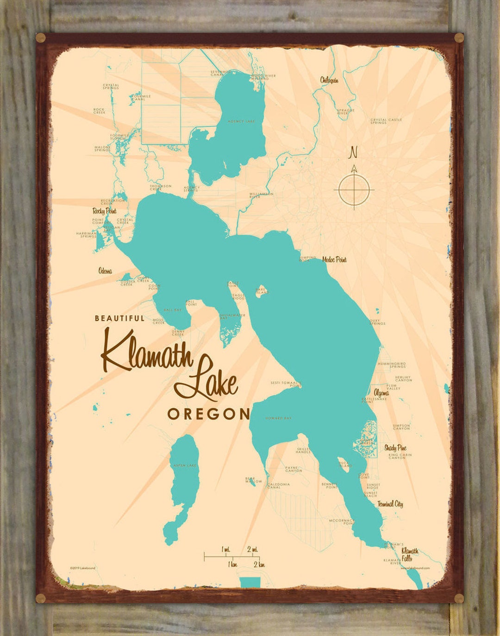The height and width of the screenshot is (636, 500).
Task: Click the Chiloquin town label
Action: click(329, 80)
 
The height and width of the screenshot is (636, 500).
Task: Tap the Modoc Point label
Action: click(334, 259)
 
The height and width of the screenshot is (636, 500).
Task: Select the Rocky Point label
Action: click(104, 211)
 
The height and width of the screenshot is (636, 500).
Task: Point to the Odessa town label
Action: click(105, 271)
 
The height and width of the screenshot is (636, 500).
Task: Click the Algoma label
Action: click(381, 393)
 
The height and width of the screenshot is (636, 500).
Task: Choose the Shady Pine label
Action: click(395, 448)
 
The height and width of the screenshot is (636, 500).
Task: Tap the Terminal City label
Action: click(390, 504)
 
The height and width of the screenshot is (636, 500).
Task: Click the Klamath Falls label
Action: click(409, 554)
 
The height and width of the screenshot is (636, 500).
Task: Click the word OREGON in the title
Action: click(208, 414)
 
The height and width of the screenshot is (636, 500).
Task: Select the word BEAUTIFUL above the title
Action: click(119, 318)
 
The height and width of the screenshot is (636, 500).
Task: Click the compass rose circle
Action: click(354, 189)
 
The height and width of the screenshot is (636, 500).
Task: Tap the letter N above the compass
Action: click(354, 152)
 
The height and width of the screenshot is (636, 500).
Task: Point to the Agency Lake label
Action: click(241, 122)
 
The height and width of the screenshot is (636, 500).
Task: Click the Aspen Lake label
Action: click(185, 465)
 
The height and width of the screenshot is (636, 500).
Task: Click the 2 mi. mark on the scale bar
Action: click(253, 550)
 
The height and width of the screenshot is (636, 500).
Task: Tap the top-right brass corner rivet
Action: click(459, 38)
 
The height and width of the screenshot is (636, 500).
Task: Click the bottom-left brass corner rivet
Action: click(41, 598)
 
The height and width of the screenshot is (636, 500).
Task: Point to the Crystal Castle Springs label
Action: click(386, 121)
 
